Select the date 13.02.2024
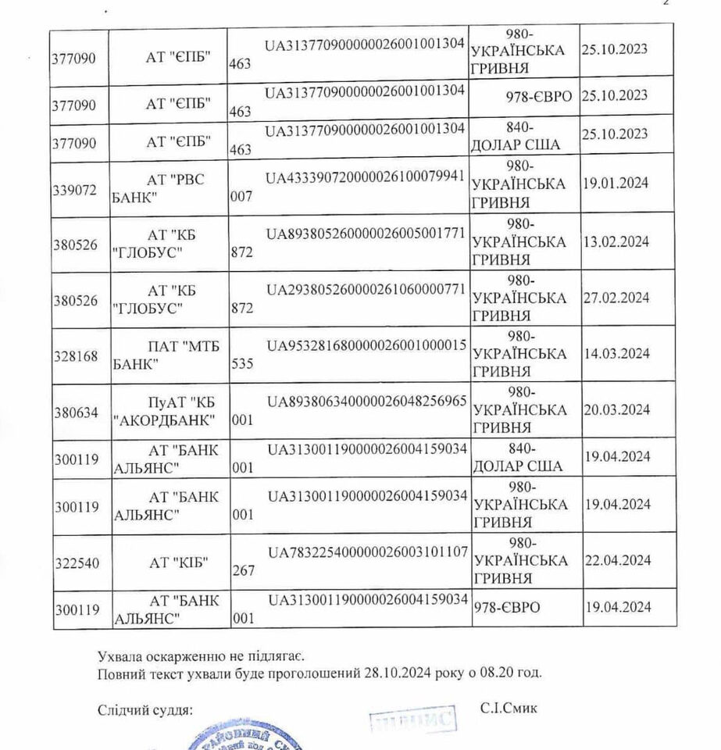coord(616,241)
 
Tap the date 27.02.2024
coord(616,297)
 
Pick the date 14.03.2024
coord(616,353)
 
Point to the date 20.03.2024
coord(616,409)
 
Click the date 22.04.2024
coord(616,560)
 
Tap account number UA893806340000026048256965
coord(366,401)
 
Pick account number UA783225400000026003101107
coord(366,552)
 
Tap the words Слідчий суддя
coord(145,710)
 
